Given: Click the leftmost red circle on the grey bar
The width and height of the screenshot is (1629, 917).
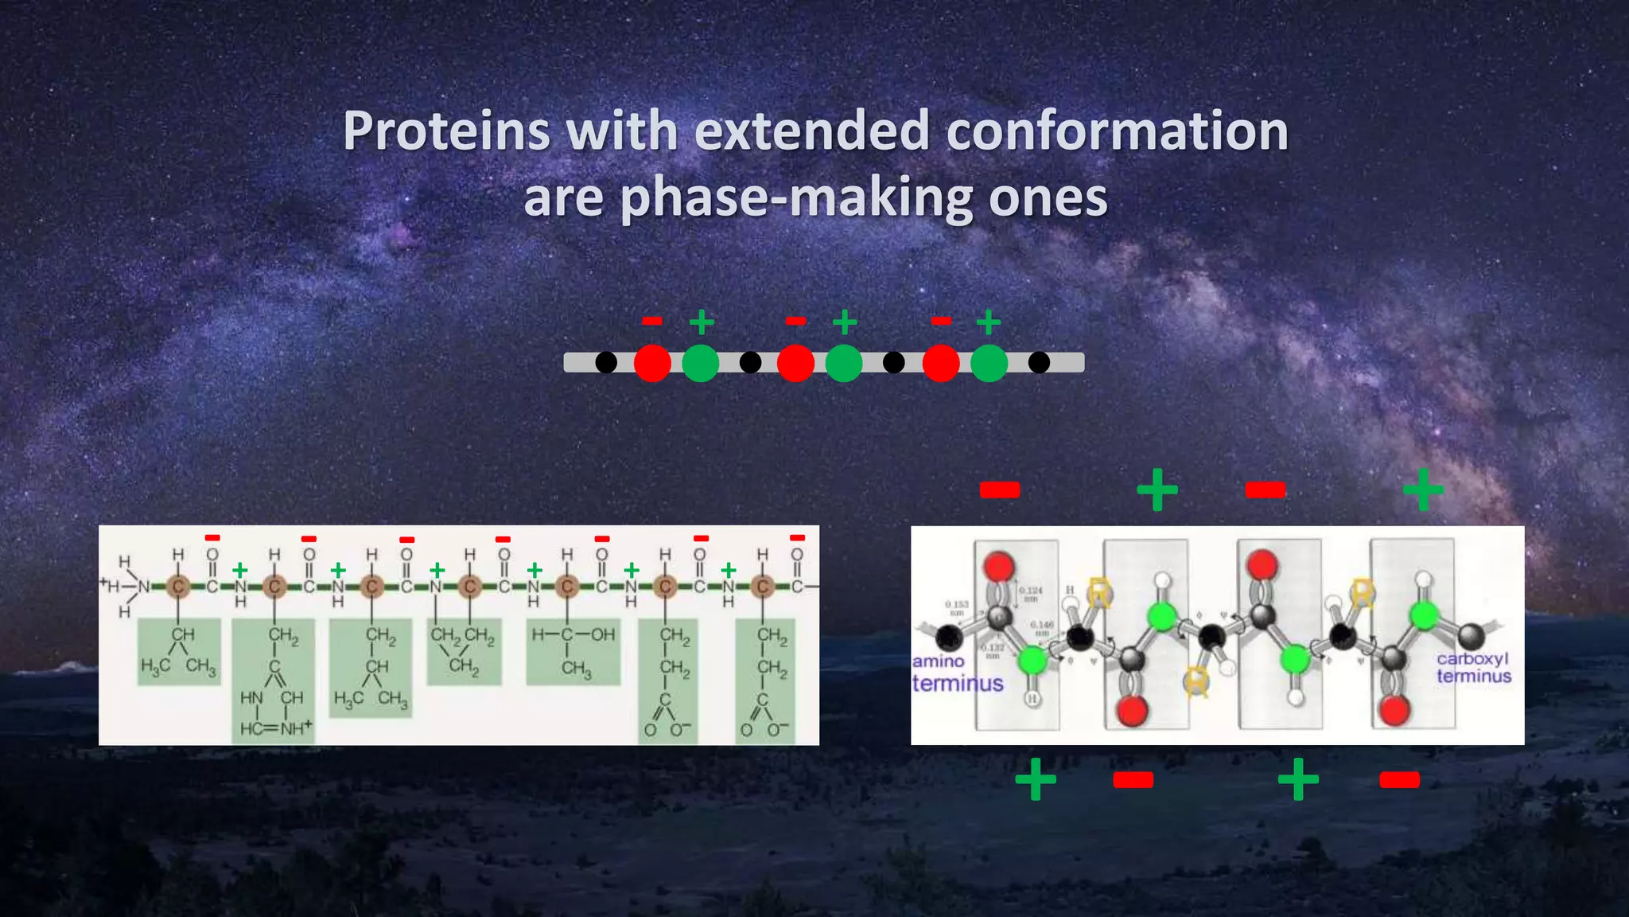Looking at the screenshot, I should pyautogui.click(x=652, y=363).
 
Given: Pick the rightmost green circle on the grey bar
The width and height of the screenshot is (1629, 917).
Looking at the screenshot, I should pyautogui.click(x=989, y=363).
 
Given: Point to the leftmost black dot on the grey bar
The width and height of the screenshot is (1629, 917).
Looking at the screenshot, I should pyautogui.click(x=606, y=363).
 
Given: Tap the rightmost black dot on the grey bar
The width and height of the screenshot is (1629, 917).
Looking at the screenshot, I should pyautogui.click(x=1039, y=363).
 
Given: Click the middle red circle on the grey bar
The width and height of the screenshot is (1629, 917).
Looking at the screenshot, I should pyautogui.click(x=795, y=363).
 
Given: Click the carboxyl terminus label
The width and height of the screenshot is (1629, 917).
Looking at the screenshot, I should pyautogui.click(x=1473, y=667).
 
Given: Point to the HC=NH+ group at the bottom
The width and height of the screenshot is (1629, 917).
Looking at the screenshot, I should pyautogui.click(x=275, y=728).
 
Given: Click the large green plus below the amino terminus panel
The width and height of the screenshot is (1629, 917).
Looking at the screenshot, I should pyautogui.click(x=1036, y=778).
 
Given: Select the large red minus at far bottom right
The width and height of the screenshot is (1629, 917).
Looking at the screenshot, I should pyautogui.click(x=1399, y=779).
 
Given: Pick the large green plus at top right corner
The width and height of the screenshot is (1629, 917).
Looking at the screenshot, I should pyautogui.click(x=1423, y=489).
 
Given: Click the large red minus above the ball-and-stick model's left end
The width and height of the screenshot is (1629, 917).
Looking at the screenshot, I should pyautogui.click(x=1000, y=490).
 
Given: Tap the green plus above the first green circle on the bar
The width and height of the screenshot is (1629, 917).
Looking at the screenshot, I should pyautogui.click(x=701, y=322).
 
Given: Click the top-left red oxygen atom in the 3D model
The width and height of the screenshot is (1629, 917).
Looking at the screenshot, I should pyautogui.click(x=999, y=566).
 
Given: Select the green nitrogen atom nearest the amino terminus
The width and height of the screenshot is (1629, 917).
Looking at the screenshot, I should pyautogui.click(x=1032, y=660).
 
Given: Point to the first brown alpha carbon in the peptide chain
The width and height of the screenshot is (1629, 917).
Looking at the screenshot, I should pyautogui.click(x=178, y=587).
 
